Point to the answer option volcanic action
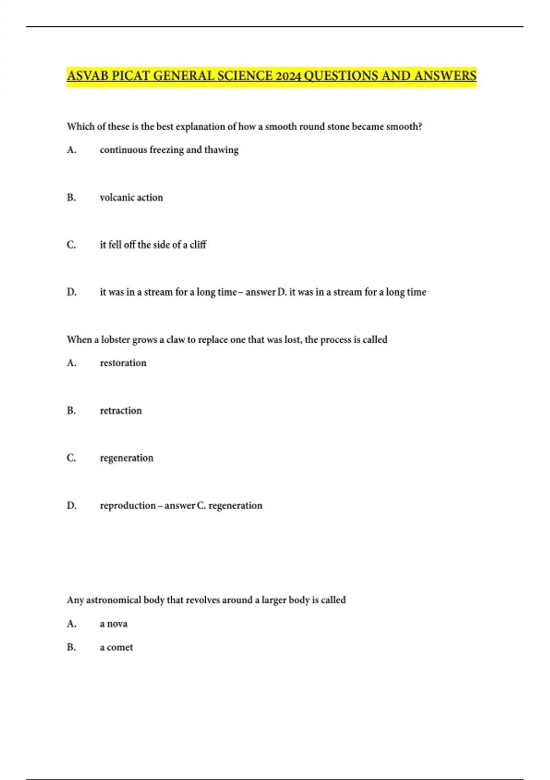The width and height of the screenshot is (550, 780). (x=131, y=198)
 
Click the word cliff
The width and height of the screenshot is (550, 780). (x=198, y=245)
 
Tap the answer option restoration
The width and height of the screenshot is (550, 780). (x=123, y=363)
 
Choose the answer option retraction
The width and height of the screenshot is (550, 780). (x=121, y=411)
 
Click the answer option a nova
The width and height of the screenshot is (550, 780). (x=114, y=624)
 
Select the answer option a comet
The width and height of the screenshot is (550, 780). (x=116, y=647)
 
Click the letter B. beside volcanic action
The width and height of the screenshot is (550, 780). (x=71, y=198)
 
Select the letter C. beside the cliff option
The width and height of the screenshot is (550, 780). (x=71, y=245)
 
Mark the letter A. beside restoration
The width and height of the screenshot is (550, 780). (x=71, y=363)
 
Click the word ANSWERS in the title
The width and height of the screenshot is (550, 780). (x=445, y=76)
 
